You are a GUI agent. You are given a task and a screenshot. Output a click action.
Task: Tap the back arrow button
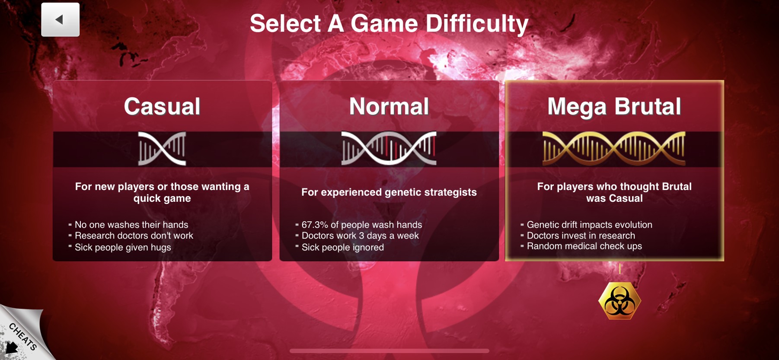(x=60, y=19)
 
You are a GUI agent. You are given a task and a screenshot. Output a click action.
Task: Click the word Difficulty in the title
(x=477, y=24)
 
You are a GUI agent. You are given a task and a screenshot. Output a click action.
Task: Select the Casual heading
(x=162, y=106)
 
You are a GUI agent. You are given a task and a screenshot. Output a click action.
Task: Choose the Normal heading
(x=389, y=106)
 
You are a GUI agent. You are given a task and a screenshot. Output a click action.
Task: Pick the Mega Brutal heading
(x=614, y=107)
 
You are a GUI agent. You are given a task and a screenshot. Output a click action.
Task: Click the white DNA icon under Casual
(x=162, y=149)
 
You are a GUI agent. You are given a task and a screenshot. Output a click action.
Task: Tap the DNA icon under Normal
(x=389, y=148)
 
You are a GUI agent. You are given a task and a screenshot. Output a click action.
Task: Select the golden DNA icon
(x=614, y=149)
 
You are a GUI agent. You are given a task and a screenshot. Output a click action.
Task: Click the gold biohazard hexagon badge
(x=619, y=301)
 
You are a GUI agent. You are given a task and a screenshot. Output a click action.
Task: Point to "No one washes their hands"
(x=131, y=225)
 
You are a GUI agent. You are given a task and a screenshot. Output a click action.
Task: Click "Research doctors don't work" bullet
(x=134, y=236)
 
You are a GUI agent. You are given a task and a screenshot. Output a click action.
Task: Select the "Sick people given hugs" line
(x=123, y=247)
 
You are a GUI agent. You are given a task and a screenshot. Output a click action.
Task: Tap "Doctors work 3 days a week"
(x=360, y=236)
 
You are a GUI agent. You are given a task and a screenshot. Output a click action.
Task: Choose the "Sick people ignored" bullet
(x=343, y=247)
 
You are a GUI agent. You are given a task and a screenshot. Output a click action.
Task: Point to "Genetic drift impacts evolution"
(x=590, y=225)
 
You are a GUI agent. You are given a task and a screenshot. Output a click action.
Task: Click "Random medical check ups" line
(x=584, y=246)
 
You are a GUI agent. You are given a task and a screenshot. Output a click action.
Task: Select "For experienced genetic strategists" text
(x=389, y=192)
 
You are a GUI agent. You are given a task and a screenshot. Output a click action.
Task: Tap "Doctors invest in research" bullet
(x=581, y=236)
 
